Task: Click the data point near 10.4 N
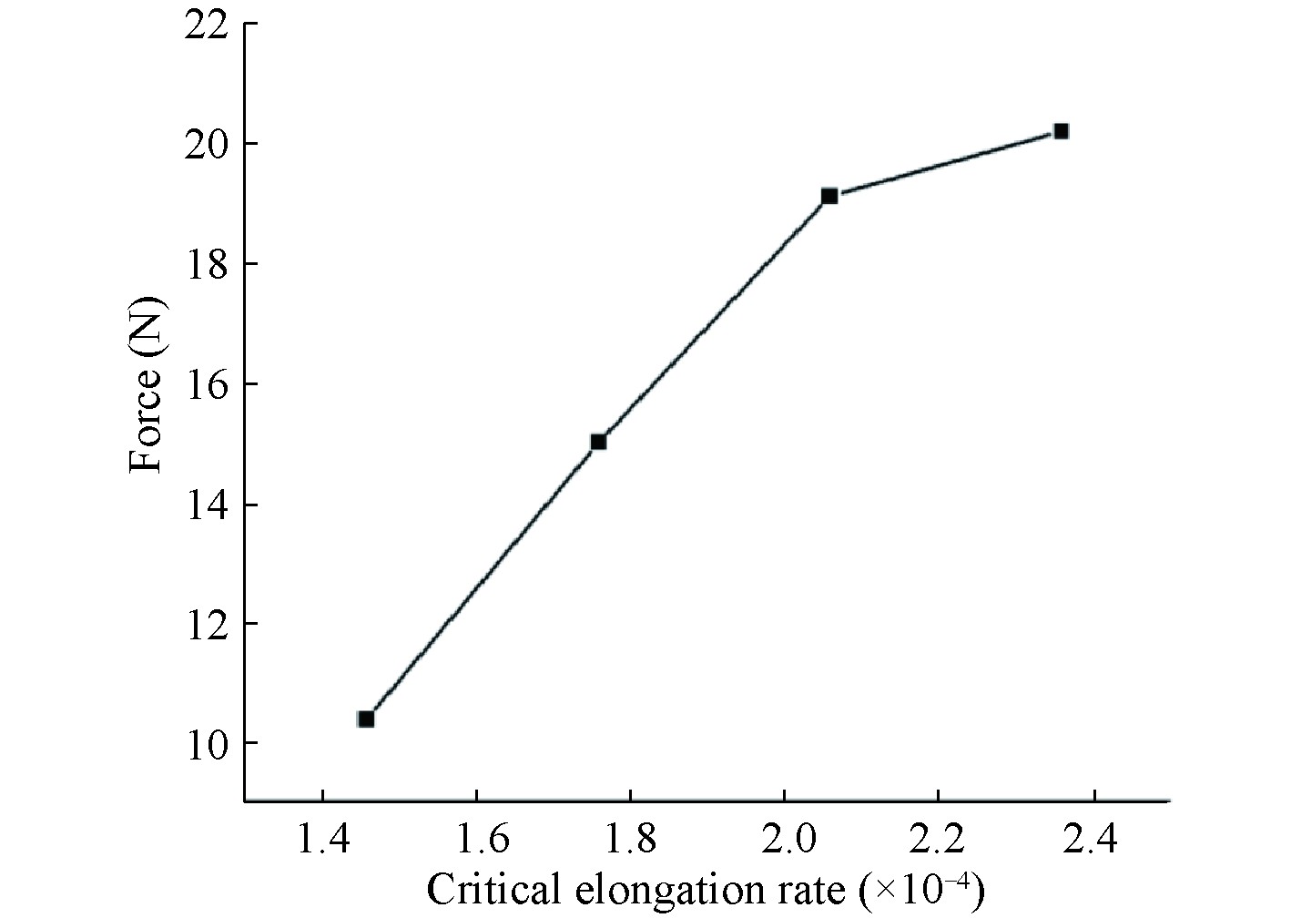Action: [x=366, y=719]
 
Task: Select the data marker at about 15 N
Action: [x=598, y=442]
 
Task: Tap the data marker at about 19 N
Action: [x=829, y=196]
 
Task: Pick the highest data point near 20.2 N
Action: [x=1061, y=131]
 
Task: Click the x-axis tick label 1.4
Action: [x=322, y=838]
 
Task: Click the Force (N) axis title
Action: [x=146, y=385]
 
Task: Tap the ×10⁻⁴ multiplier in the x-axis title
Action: [x=926, y=888]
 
